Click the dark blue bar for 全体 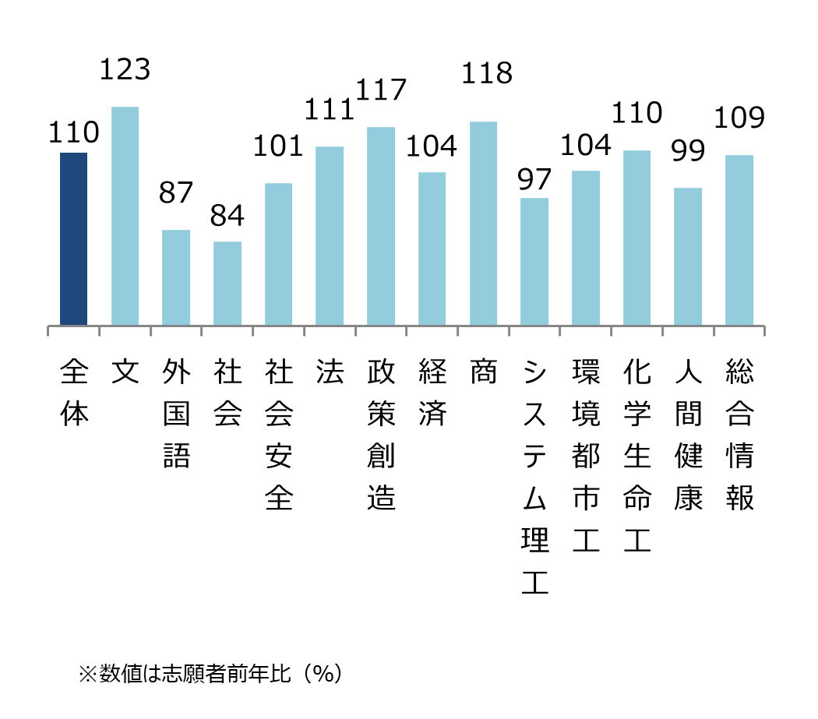click(x=73, y=239)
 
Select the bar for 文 click(x=125, y=216)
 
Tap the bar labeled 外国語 click(x=176, y=277)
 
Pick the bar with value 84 click(x=227, y=284)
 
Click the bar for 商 click(x=483, y=224)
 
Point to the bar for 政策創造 click(x=381, y=226)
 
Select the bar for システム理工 click(x=534, y=262)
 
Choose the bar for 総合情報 click(x=739, y=240)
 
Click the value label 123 click(x=125, y=70)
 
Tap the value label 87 click(x=176, y=193)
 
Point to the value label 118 click(x=487, y=73)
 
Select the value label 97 click(x=534, y=179)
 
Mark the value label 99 click(x=688, y=150)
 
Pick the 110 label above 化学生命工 click(x=636, y=114)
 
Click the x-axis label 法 click(x=330, y=373)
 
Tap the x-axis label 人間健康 click(x=688, y=436)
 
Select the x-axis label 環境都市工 click(x=586, y=457)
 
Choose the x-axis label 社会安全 click(x=278, y=436)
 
